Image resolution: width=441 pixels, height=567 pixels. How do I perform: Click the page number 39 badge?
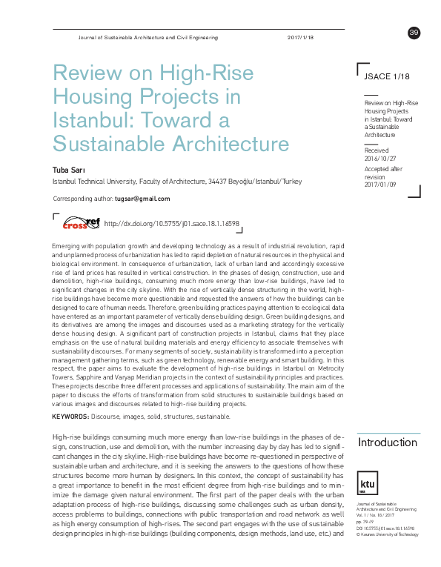point(414,32)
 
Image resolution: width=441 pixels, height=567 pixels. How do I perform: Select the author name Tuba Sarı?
point(70,170)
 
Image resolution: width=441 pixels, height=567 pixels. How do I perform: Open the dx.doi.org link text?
point(172,223)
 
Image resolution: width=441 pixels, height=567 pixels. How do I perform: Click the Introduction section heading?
point(387,442)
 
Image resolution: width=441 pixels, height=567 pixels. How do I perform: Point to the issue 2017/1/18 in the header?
point(300,37)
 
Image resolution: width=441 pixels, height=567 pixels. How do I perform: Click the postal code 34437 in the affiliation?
point(219,182)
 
